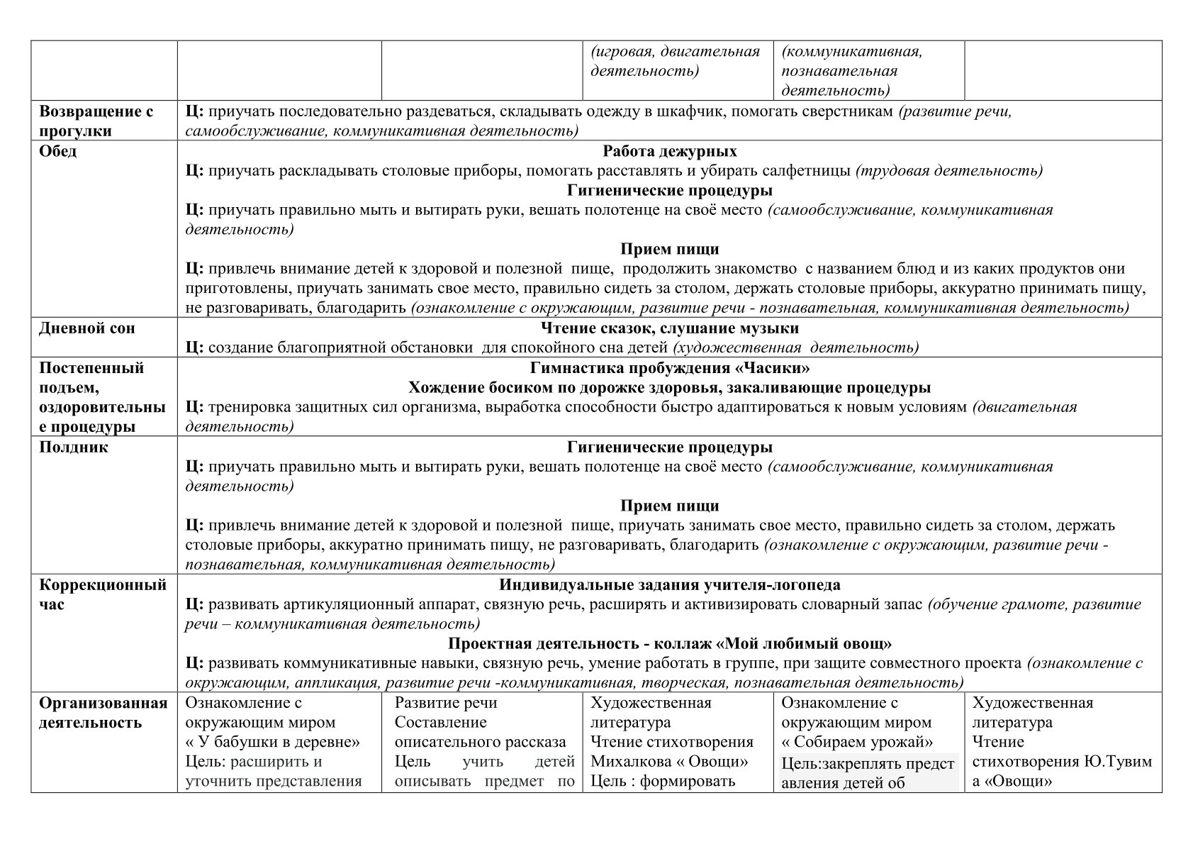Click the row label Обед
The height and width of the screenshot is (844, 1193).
pos(58,152)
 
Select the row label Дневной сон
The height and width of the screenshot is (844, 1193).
pos(86,328)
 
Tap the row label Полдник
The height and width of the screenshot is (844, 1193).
pos(74,448)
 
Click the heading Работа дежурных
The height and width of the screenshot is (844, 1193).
pos(669,151)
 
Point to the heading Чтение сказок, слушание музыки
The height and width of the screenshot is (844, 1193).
pos(669,328)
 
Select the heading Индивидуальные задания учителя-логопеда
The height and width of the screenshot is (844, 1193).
pos(669,585)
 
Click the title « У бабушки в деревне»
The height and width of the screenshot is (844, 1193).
pos(273,742)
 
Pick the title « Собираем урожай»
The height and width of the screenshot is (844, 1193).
pos(857,742)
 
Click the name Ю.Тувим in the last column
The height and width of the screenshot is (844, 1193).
pos(1117,762)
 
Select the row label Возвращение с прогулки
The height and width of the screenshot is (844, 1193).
pos(96,121)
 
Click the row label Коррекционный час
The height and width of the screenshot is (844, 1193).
pos(103,594)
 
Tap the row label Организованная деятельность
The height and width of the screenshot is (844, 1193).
pos(103,713)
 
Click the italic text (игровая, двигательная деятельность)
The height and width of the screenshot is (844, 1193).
pos(674,61)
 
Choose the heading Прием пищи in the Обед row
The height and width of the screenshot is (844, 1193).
pos(669,249)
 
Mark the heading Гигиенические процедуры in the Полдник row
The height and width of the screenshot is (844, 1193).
pos(669,448)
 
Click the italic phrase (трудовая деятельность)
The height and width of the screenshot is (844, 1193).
pos(949,171)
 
